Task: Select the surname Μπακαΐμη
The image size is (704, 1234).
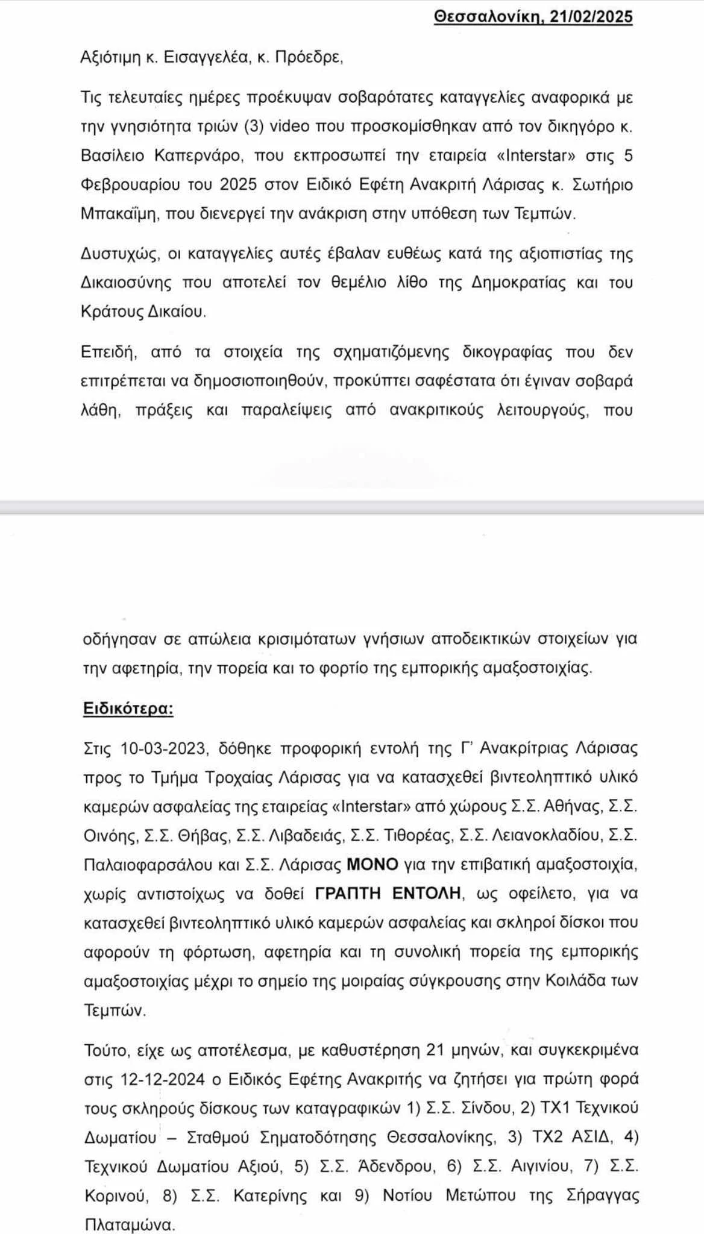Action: coord(118,214)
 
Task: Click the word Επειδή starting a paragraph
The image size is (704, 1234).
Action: coord(109,352)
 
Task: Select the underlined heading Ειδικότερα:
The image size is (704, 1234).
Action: coord(128,708)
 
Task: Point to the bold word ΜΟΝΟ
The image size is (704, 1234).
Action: coord(372,865)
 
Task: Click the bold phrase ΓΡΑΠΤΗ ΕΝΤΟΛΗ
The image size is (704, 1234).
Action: coord(389,894)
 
